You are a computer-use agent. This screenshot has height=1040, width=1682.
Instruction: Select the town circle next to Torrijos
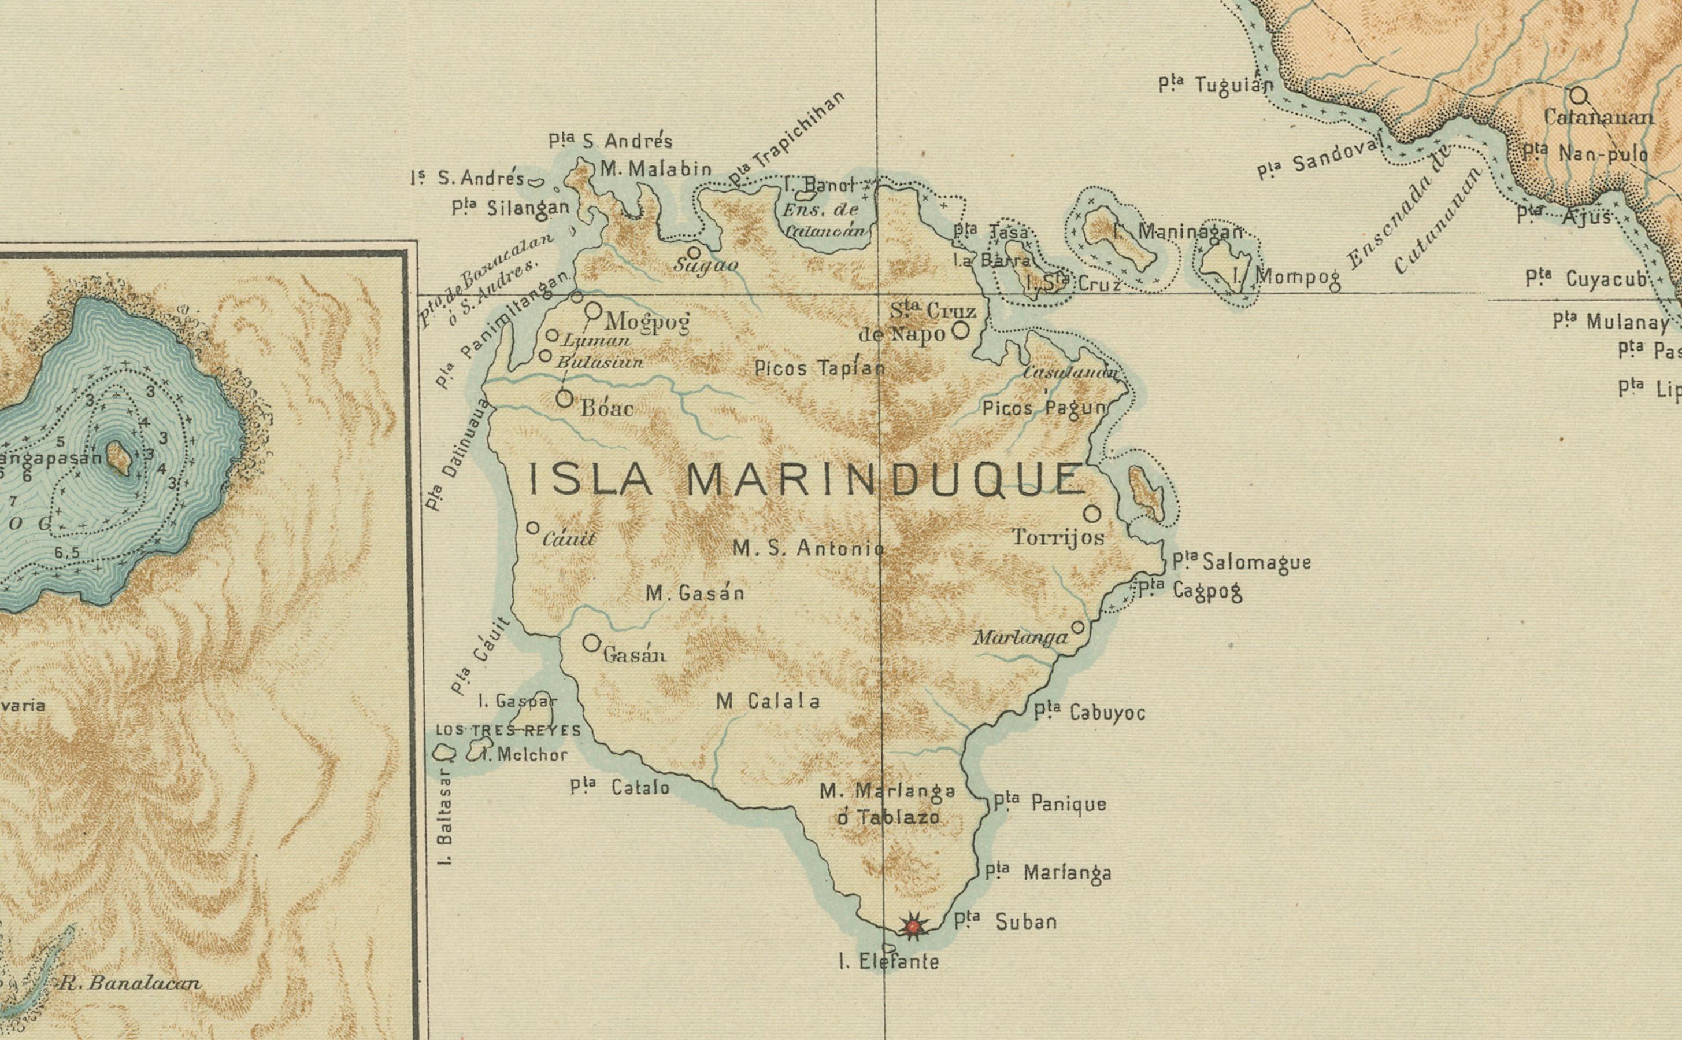[x=1092, y=513]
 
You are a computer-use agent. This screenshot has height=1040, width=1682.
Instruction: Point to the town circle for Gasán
[x=591, y=643]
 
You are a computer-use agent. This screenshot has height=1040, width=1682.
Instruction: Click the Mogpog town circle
[x=593, y=310]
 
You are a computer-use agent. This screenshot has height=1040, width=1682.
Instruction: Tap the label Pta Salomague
[x=1242, y=563]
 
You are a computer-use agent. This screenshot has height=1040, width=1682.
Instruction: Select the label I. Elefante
[x=889, y=961]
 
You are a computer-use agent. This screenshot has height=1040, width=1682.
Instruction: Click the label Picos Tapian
[x=820, y=368]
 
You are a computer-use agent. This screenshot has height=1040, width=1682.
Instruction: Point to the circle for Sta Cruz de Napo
[x=960, y=331]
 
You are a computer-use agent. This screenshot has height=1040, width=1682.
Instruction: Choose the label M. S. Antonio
[x=807, y=548]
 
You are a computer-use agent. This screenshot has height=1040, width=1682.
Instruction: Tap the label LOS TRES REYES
[x=509, y=731]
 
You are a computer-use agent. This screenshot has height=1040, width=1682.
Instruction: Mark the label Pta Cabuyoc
[x=1090, y=713]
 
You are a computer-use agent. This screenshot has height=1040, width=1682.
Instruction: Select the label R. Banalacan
[x=131, y=983]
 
